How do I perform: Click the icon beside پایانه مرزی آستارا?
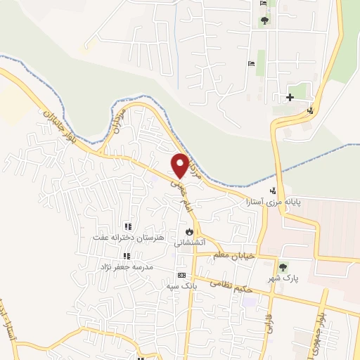(x=274, y=190)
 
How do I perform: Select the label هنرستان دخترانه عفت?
(x=128, y=238)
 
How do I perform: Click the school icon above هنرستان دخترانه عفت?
(x=127, y=226)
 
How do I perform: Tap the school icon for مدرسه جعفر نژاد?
(x=127, y=257)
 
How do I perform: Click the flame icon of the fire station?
(x=188, y=231)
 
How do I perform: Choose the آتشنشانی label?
(x=188, y=242)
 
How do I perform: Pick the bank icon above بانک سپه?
(x=182, y=275)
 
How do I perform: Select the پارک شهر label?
(x=283, y=279)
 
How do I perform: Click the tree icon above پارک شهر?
(x=283, y=267)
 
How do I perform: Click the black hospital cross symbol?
(x=290, y=97)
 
